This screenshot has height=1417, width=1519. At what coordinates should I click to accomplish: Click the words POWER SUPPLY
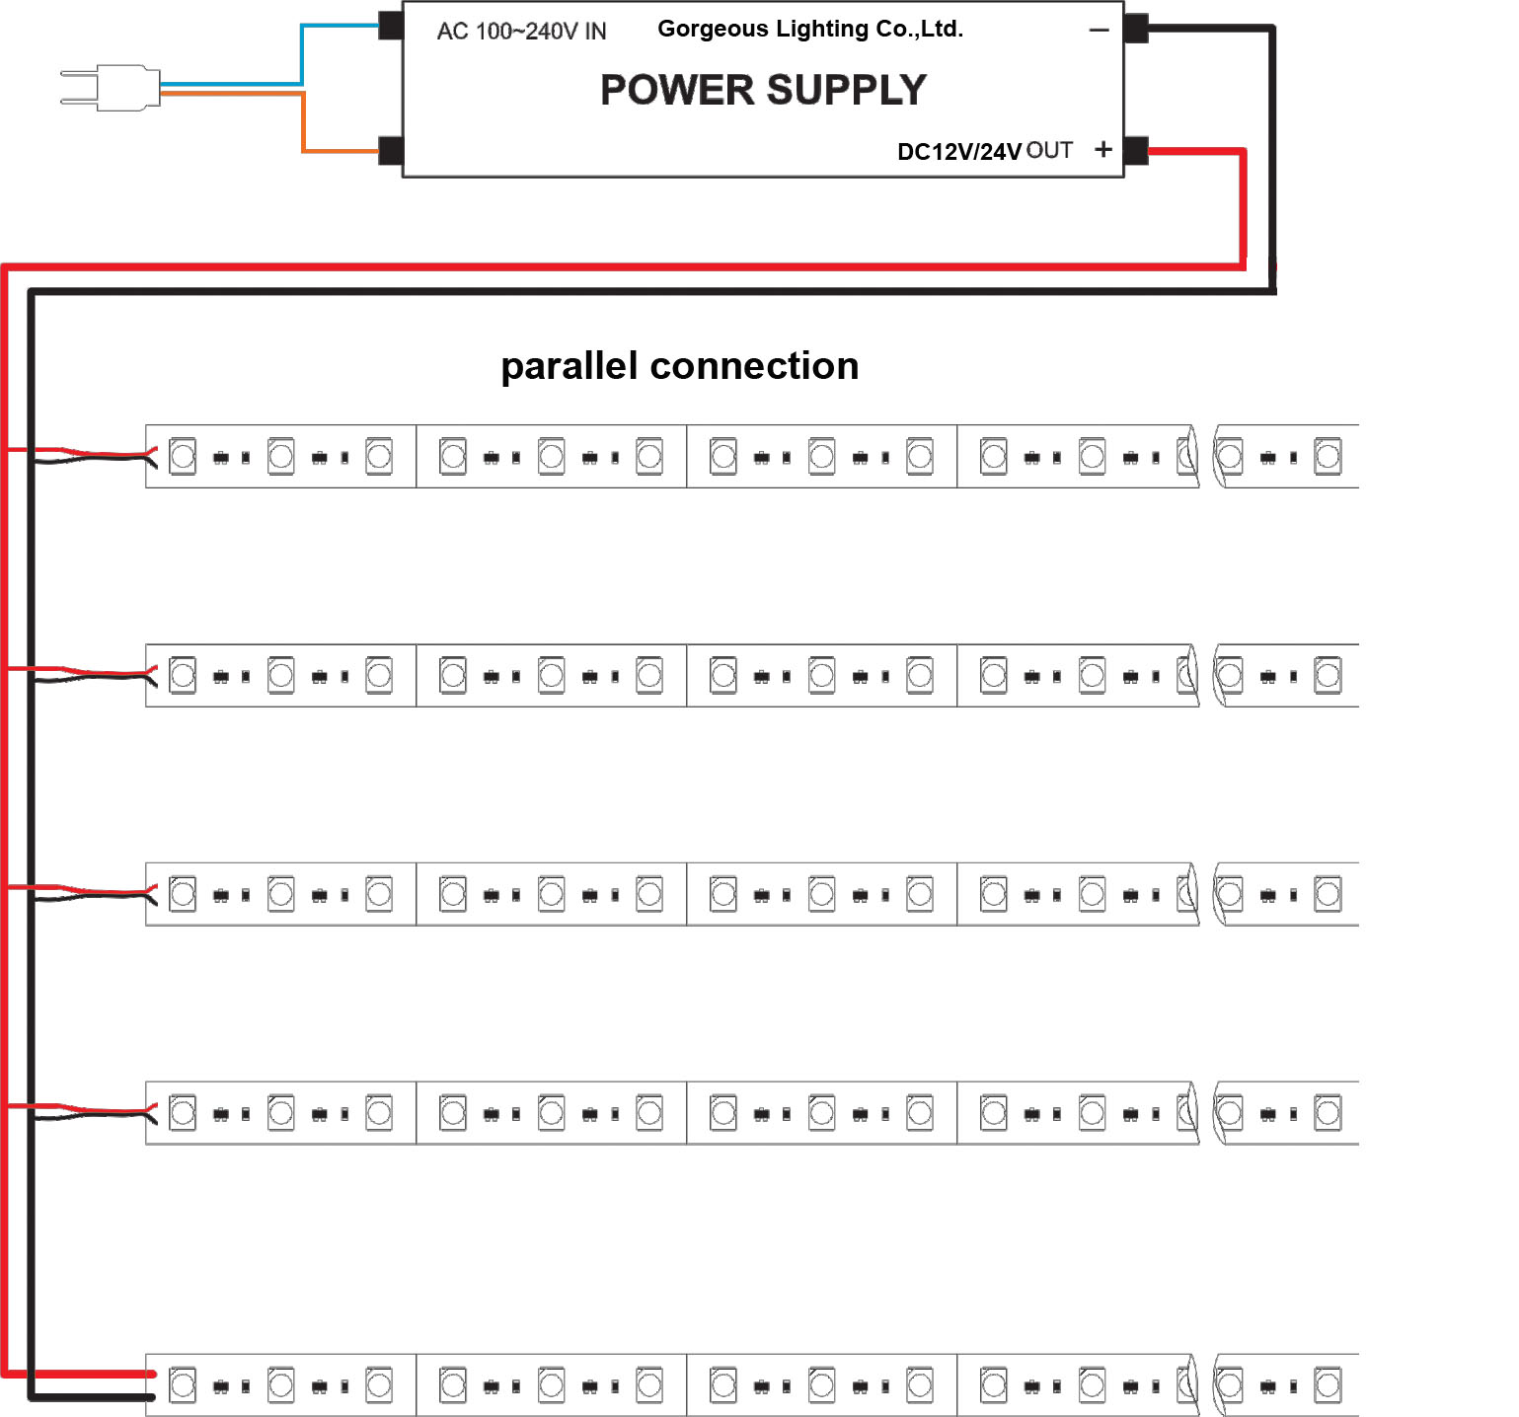(763, 90)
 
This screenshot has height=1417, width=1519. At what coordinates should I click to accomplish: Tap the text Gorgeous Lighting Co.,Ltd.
(809, 29)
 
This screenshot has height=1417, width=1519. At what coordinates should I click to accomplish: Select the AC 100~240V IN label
(521, 32)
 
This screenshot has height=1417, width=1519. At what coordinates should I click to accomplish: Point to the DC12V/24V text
(958, 152)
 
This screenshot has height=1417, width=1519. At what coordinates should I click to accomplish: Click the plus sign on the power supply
(1103, 149)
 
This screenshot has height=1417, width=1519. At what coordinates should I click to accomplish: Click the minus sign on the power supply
(1100, 31)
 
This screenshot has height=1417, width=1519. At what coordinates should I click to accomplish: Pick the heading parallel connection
(679, 366)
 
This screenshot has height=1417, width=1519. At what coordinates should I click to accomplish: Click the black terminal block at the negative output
(1136, 29)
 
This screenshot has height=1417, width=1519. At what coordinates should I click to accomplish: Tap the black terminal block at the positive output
(1136, 151)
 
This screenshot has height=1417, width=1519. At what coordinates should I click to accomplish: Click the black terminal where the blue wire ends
(391, 26)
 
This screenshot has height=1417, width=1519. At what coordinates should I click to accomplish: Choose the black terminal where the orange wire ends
(391, 151)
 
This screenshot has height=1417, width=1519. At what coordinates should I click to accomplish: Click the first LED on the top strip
(183, 456)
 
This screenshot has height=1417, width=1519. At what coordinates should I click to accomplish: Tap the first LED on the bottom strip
(183, 1385)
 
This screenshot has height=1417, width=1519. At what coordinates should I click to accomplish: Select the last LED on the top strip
(1328, 456)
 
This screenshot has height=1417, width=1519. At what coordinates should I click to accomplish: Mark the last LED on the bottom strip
(1328, 1385)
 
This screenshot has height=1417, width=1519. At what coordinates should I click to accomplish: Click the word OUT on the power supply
(1049, 150)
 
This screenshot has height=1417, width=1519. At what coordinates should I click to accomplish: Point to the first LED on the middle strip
(183, 894)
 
